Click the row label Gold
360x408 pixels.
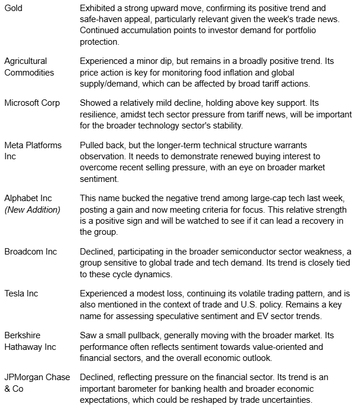tap(13, 8)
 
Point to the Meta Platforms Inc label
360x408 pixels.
tap(33, 150)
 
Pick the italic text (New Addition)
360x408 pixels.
tap(32, 209)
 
